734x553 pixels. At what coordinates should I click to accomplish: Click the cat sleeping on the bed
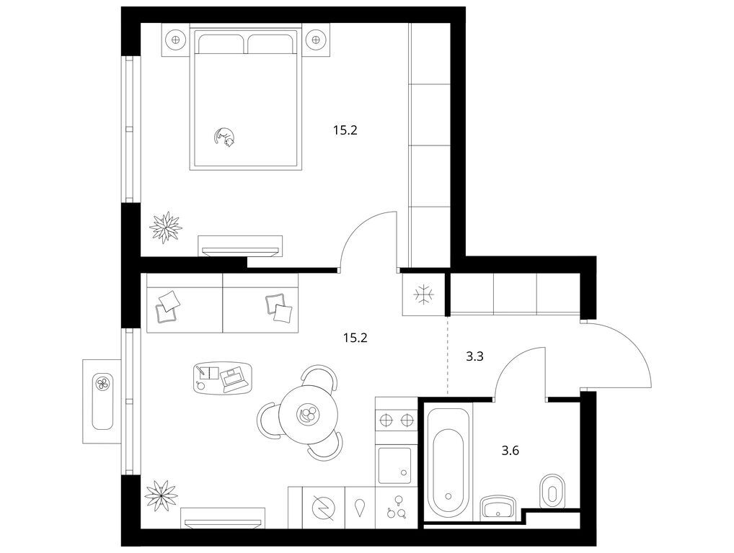(x=225, y=138)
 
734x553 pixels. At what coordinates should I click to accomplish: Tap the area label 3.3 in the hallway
(x=474, y=357)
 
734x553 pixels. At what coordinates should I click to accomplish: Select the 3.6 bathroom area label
(x=510, y=451)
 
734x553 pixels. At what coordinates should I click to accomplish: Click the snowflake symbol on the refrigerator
(x=424, y=295)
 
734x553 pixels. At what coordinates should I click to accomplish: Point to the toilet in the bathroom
(x=552, y=492)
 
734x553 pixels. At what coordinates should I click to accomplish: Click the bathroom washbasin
(x=498, y=508)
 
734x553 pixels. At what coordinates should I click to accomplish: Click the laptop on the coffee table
(x=234, y=379)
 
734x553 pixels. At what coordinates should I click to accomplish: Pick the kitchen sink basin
(x=394, y=465)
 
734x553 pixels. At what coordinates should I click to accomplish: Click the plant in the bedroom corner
(x=166, y=228)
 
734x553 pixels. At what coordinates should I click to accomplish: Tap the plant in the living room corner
(x=162, y=495)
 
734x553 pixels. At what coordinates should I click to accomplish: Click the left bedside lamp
(x=175, y=40)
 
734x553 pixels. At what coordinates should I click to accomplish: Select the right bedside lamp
(x=318, y=40)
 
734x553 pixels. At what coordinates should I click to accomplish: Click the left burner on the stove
(x=385, y=421)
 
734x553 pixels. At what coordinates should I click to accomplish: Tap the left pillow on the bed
(x=221, y=43)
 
